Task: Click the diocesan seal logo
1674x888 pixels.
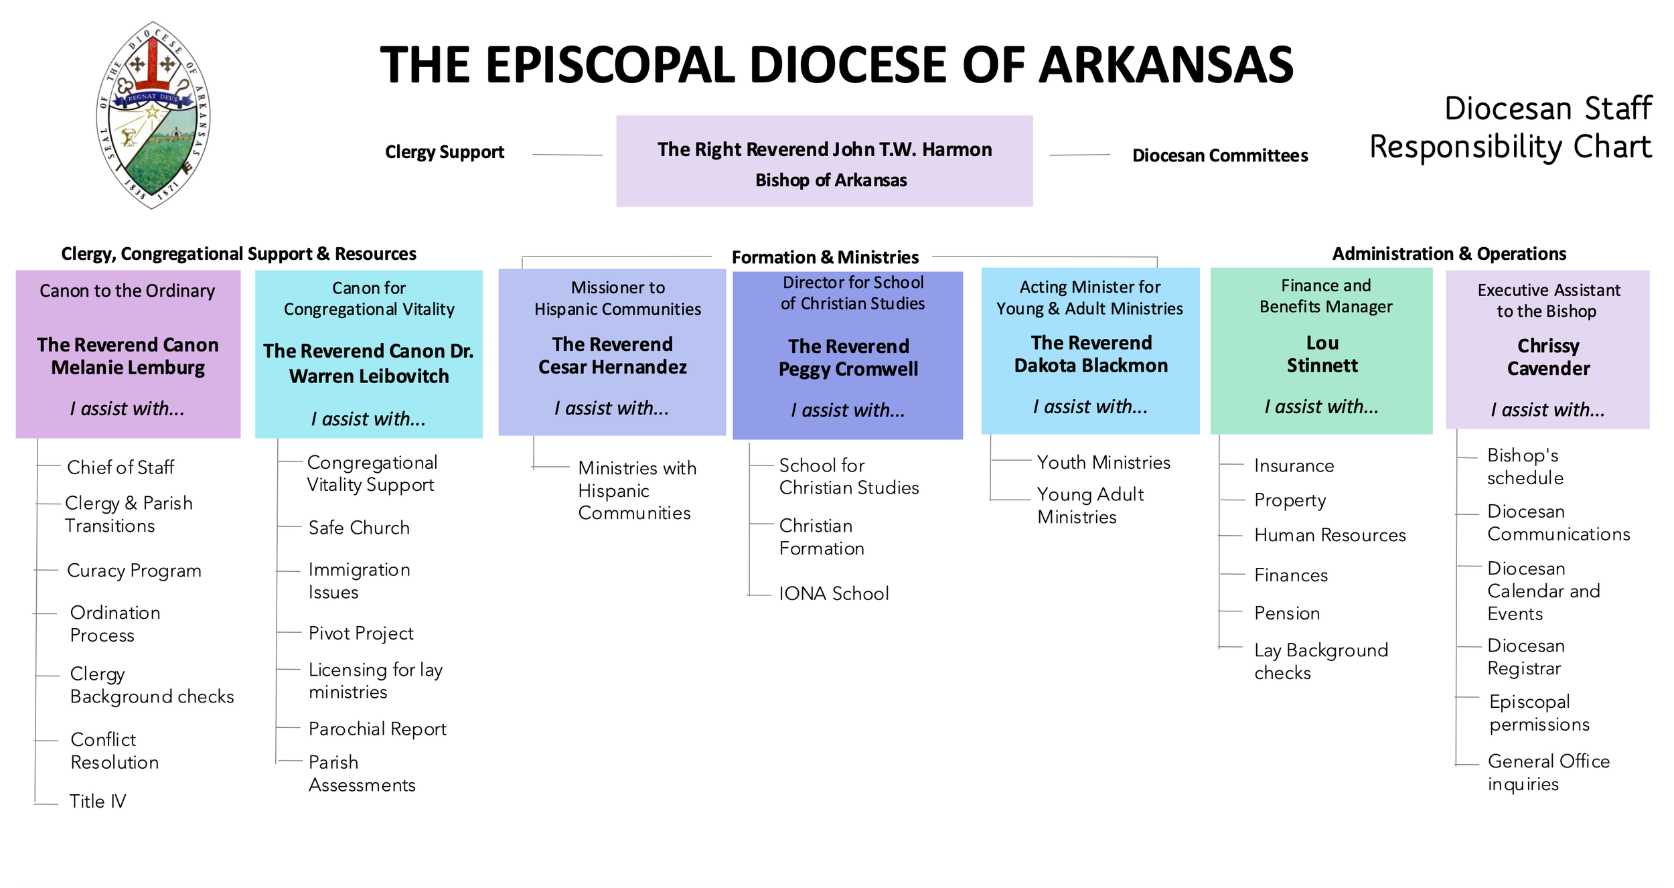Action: pos(153,115)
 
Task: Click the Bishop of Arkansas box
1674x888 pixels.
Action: pos(824,161)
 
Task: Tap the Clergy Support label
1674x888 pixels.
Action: pos(444,152)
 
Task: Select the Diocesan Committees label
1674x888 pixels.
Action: pos(1219,155)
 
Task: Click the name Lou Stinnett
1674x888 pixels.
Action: pos(1322,354)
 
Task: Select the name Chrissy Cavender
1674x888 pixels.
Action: pos(1547,357)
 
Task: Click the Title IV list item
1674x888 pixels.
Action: pos(98,801)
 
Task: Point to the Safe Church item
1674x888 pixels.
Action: pos(359,528)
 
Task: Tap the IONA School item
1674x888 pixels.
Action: pos(834,593)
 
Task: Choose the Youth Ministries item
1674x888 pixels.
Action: pos(1104,462)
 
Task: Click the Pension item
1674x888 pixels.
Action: pos(1287,613)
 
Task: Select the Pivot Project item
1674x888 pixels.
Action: pos(361,633)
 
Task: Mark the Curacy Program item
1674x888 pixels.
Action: pos(134,571)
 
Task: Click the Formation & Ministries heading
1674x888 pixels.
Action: pos(825,257)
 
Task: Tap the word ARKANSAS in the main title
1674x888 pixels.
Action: pos(1166,65)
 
